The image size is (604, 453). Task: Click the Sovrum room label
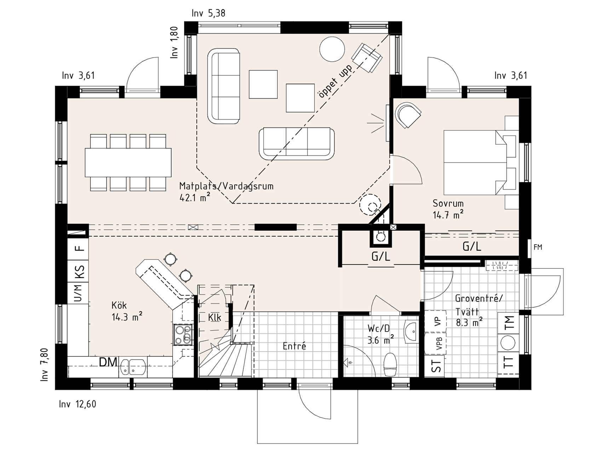[x=448, y=203]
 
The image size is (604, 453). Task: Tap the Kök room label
[x=119, y=305]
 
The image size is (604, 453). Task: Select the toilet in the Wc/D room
[x=390, y=364]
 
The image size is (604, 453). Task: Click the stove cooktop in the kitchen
[x=183, y=334]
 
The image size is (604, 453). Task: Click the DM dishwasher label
[x=108, y=362]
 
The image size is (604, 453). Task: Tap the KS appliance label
[x=80, y=272]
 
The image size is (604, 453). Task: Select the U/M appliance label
[x=78, y=293]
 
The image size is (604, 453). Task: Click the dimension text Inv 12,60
[x=77, y=404]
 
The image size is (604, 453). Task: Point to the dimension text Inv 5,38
[x=208, y=13]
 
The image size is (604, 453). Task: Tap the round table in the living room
[x=332, y=50]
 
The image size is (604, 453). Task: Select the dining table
[x=128, y=162]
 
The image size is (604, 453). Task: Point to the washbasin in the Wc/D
[x=411, y=332]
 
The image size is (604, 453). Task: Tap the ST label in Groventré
[x=437, y=365]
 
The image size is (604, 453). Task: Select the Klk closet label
[x=214, y=317]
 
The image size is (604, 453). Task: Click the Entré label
[x=294, y=346]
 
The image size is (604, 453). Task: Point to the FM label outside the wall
[x=538, y=247]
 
